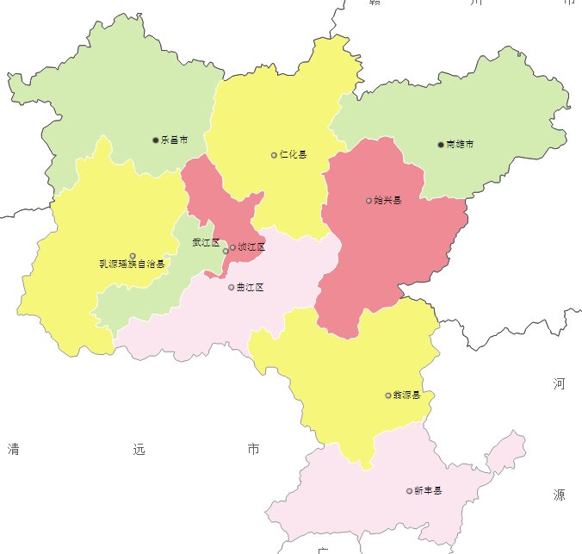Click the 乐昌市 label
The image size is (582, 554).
(175, 140)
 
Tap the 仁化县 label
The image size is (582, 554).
(294, 155)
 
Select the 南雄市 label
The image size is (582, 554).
(460, 144)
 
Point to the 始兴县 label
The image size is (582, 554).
(388, 201)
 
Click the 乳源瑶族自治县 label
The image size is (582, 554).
(132, 265)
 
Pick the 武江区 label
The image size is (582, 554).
(206, 243)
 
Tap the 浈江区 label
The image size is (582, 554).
(251, 247)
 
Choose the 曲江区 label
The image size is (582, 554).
(250, 287)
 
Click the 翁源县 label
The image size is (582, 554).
(406, 395)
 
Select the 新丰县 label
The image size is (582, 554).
(428, 491)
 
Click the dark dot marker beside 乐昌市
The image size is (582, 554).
(156, 140)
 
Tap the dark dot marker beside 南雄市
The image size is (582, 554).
(441, 144)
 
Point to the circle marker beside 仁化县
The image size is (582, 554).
(274, 155)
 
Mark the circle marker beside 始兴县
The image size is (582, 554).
(368, 201)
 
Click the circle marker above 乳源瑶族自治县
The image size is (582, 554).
(132, 255)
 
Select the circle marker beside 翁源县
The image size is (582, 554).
(387, 395)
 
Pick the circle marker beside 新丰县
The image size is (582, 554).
(409, 491)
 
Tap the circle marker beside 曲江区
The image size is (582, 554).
(231, 287)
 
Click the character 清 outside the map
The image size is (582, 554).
(13, 449)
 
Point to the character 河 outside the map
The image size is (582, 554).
(560, 383)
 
